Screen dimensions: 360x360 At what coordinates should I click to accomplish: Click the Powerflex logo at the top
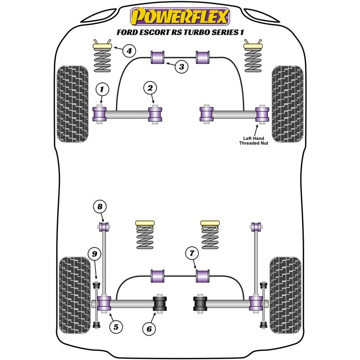click(x=180, y=17)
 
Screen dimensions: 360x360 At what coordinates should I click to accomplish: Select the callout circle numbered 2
click(x=150, y=88)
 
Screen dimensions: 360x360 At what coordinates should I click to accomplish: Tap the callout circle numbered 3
click(x=181, y=67)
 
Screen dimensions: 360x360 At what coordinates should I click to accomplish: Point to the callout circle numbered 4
click(x=129, y=51)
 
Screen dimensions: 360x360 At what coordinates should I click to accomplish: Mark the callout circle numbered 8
click(x=100, y=207)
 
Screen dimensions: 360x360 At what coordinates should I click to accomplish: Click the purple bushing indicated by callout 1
click(x=99, y=115)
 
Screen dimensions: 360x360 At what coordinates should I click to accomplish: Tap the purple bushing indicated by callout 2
click(x=156, y=115)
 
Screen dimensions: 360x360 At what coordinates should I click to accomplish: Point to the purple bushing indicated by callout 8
click(x=104, y=226)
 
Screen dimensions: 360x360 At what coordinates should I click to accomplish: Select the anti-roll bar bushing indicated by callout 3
click(x=157, y=58)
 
